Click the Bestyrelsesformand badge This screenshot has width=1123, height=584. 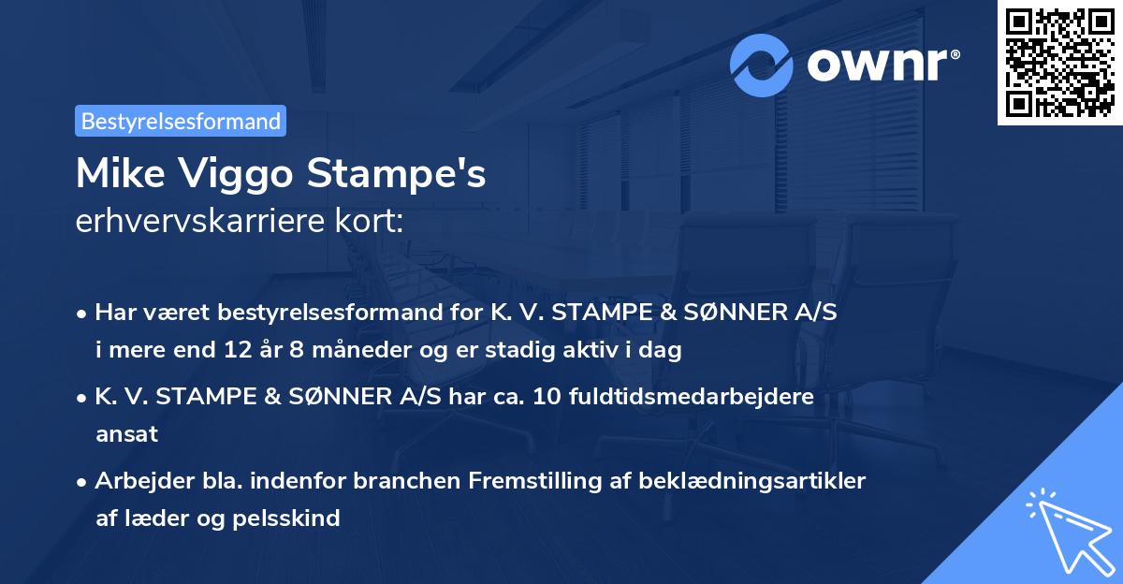pyautogui.click(x=181, y=121)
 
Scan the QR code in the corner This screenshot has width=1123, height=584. pyautogui.click(x=1060, y=62)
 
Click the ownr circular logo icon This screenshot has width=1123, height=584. pyautogui.click(x=763, y=65)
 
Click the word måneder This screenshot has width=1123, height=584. pyautogui.click(x=330, y=351)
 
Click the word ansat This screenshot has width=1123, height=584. pyautogui.click(x=126, y=434)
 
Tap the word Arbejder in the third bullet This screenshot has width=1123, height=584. pyautogui.click(x=140, y=480)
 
